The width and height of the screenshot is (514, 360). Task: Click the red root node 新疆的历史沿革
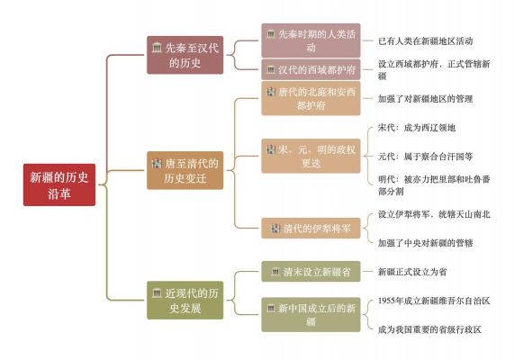[x=59, y=184]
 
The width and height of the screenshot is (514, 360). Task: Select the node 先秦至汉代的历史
[x=185, y=55]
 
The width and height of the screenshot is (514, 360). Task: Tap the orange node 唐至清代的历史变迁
[x=185, y=170]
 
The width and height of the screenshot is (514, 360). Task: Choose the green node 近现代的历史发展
[x=185, y=300]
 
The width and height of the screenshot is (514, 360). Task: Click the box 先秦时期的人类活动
[x=311, y=40]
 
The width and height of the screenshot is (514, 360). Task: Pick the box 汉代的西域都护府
[x=311, y=69]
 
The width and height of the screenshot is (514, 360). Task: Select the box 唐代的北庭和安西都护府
[x=311, y=98]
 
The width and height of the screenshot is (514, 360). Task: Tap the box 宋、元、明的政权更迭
[x=311, y=156]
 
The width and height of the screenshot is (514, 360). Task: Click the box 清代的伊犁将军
[x=311, y=229]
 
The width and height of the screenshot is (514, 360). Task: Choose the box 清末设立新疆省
[x=311, y=272]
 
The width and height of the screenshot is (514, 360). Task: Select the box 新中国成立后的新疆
[x=311, y=315]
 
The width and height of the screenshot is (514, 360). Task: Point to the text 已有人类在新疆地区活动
[x=426, y=41]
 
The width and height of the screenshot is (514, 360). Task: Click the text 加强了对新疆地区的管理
[x=426, y=99]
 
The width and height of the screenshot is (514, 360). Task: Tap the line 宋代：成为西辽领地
[x=417, y=128]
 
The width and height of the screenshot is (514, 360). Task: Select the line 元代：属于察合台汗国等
[x=426, y=157]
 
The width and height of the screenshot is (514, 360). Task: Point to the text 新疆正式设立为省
[x=412, y=272]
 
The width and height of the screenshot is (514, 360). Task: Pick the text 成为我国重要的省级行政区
[x=429, y=329]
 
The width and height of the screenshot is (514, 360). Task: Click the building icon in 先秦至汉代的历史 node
[x=157, y=48]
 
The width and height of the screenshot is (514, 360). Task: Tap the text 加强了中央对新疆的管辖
[x=426, y=243]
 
